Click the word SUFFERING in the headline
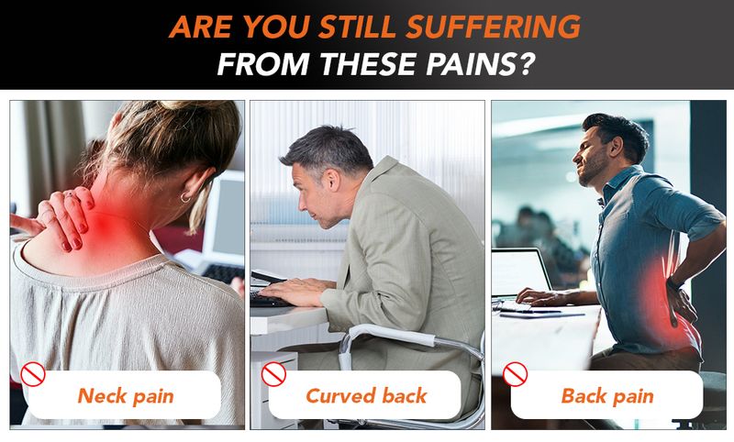tap(493, 27)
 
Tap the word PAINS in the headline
tap(472, 64)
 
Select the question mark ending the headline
tap(526, 64)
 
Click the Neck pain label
tap(126, 396)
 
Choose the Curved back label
tap(366, 396)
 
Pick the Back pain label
tap(607, 396)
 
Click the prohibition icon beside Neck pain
tap(33, 374)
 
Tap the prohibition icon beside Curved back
tap(273, 374)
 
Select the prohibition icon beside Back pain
tap(515, 374)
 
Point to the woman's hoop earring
tap(185, 198)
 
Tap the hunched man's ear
tap(333, 181)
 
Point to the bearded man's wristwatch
tap(674, 282)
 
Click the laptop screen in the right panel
tap(519, 272)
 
